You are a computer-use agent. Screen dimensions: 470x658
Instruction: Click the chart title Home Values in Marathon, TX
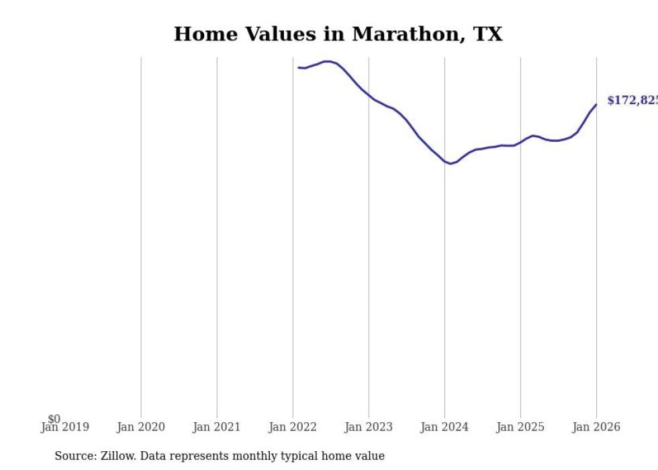pyautogui.click(x=338, y=34)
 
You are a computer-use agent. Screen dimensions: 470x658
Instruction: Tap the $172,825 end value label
pyautogui.click(x=632, y=101)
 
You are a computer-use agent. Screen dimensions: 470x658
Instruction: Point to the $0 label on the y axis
pyautogui.click(x=54, y=419)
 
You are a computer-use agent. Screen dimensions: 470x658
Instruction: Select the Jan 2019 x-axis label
pyautogui.click(x=64, y=427)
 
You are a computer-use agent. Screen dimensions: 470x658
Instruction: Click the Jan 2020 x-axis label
pyautogui.click(x=140, y=427)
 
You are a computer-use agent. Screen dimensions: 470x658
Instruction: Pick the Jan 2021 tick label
pyautogui.click(x=216, y=427)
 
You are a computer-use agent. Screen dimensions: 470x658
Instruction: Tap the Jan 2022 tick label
pyautogui.click(x=293, y=427)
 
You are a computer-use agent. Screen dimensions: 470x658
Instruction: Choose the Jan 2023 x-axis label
pyautogui.click(x=369, y=427)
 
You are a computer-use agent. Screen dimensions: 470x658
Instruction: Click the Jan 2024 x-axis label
pyautogui.click(x=444, y=427)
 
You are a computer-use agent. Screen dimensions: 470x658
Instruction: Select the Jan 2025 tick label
pyautogui.click(x=520, y=427)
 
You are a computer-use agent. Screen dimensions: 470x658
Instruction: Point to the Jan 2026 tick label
pyautogui.click(x=596, y=427)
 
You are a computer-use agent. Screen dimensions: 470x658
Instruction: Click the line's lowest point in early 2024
pyautogui.click(x=451, y=163)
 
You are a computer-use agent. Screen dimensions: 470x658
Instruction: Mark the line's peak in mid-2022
pyautogui.click(x=328, y=61)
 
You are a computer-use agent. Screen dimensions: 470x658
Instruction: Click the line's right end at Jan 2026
pyautogui.click(x=596, y=104)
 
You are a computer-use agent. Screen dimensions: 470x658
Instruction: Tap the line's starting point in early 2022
pyautogui.click(x=299, y=67)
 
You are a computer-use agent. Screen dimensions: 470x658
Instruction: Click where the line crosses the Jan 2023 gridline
pyautogui.click(x=369, y=96)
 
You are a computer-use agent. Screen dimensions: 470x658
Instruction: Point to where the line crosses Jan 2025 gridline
pyautogui.click(x=520, y=143)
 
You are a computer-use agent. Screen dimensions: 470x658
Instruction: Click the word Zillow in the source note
pyautogui.click(x=117, y=456)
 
